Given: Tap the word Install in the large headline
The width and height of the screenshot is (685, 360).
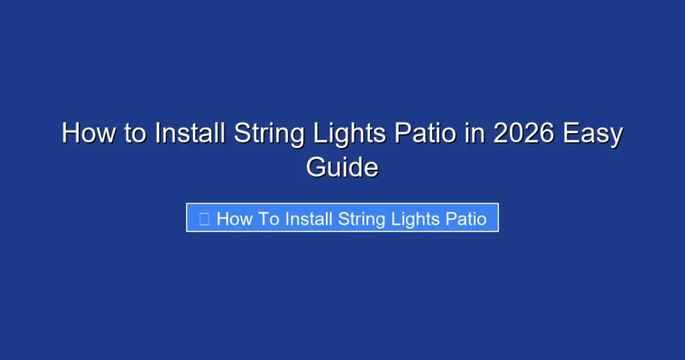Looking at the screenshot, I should pos(190,134).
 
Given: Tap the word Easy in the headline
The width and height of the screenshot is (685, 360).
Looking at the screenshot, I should pos(593,134).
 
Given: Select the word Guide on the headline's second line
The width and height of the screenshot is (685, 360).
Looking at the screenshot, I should pos(342,167).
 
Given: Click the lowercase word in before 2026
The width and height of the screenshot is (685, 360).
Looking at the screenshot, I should pos(474,134).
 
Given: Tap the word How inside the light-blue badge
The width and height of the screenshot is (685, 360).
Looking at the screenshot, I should pos(233,218).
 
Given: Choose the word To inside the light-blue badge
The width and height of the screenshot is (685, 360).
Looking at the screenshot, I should pos(268,218).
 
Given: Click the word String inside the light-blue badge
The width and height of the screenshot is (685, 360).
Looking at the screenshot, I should pos(363,218).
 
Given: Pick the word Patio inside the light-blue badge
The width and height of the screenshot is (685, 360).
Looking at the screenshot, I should pos(467,218).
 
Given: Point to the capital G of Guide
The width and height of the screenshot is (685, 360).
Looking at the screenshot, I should pos(316,167).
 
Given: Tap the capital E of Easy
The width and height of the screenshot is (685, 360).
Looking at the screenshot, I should pos(571,134).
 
